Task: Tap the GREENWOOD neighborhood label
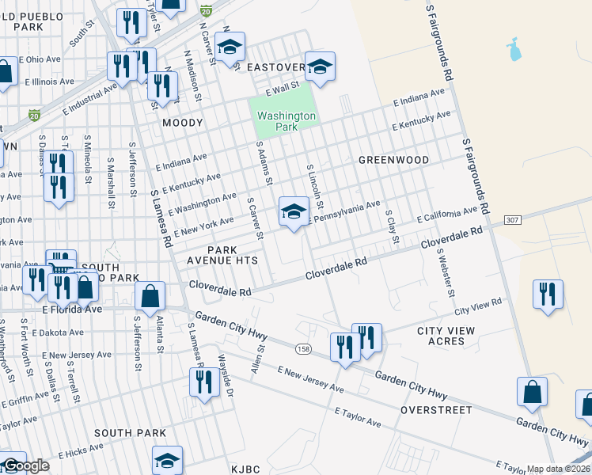tap(393, 160)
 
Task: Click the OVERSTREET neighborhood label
tap(436, 410)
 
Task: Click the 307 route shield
tap(512, 221)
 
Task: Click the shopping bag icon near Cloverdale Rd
tap(150, 297)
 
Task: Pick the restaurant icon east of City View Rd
tap(548, 294)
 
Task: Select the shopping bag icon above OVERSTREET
tap(532, 392)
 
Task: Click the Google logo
tap(26, 465)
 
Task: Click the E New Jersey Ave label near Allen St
tap(310, 381)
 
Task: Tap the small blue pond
tap(514, 49)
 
